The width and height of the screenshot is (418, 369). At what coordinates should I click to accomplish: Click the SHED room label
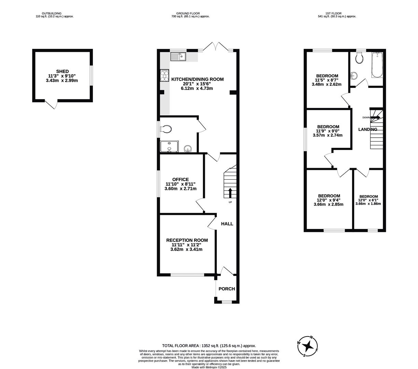[62, 71]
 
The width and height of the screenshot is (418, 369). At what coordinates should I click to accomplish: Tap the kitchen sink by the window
[178, 56]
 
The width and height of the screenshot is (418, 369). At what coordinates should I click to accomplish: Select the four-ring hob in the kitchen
[165, 76]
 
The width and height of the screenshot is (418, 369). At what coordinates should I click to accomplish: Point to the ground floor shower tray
[169, 146]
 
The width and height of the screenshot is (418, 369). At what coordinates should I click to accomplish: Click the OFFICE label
[180, 179]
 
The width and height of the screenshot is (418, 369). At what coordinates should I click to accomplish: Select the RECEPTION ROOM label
[187, 240]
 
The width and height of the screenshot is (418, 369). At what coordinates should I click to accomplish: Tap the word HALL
[227, 224]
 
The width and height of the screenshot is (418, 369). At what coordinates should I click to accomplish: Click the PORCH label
[226, 289]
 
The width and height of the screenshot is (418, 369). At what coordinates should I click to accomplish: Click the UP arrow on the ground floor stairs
[230, 193]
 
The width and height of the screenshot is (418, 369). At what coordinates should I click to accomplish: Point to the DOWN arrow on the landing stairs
[375, 117]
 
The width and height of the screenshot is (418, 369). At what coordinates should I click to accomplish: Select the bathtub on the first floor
[377, 65]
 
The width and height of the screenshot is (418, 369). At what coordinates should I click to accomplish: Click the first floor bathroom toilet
[359, 58]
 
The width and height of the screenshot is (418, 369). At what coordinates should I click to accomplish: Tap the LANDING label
[368, 129]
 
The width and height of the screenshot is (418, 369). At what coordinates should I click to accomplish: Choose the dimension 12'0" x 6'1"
[368, 200]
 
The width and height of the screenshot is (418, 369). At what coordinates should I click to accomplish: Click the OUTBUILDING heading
[52, 13]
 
